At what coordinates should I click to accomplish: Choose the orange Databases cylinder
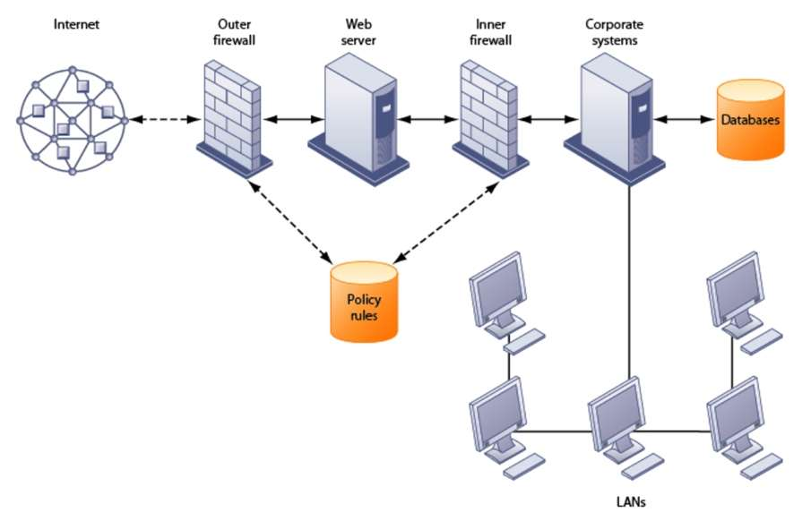(750, 120)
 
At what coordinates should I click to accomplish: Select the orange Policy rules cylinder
(363, 302)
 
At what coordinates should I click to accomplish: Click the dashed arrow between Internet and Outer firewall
(162, 118)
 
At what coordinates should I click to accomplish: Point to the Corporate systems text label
(616, 31)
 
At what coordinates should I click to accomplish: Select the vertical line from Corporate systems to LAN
(631, 278)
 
